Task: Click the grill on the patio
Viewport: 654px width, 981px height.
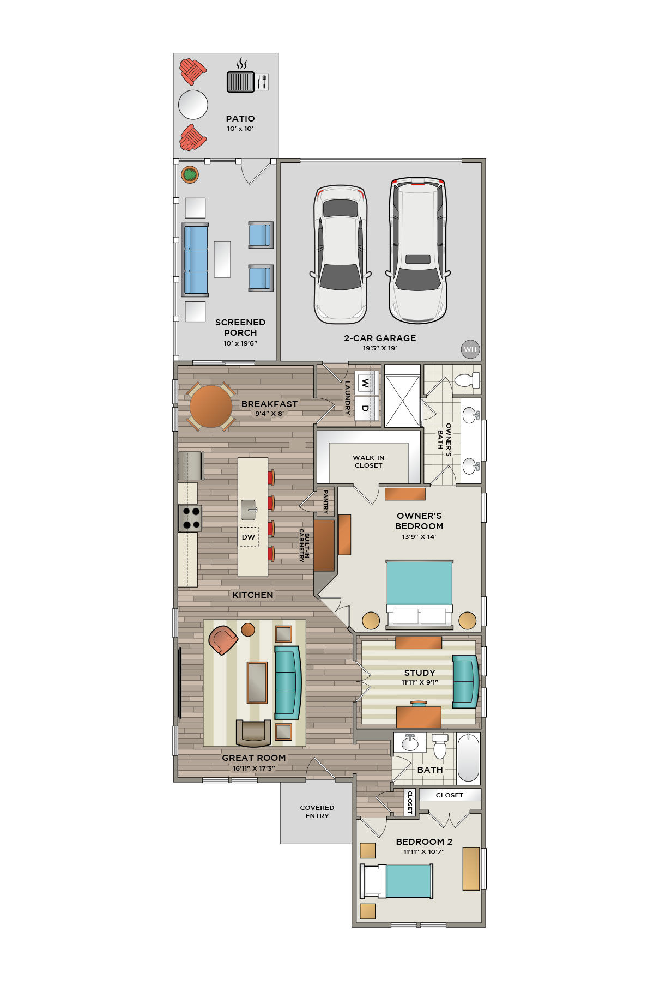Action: coord(240,82)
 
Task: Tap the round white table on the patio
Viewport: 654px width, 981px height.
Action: coord(193,105)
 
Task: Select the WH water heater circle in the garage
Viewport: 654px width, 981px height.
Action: coord(470,349)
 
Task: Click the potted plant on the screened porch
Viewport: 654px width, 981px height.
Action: coord(190,175)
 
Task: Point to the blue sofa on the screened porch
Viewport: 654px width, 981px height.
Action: coord(195,260)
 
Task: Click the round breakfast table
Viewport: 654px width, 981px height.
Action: coord(211,407)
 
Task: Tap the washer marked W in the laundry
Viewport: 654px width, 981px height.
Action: coord(366,383)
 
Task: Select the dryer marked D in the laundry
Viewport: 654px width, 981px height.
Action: coord(366,408)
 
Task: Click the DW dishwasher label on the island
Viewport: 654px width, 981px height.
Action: coord(249,537)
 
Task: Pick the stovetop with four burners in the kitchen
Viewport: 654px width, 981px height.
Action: coord(190,518)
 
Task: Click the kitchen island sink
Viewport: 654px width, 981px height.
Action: coord(249,510)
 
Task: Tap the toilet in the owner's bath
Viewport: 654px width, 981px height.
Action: coord(467,380)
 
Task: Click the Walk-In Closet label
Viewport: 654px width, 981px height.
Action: coord(368,462)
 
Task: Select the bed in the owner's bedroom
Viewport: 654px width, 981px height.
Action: coord(419,593)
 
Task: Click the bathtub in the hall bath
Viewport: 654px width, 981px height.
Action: coord(468,758)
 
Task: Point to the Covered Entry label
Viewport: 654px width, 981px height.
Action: coord(317,812)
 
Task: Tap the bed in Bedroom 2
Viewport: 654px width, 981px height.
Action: coord(396,881)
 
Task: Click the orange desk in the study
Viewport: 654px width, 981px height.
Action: coord(419,716)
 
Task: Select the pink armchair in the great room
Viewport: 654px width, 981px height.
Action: coord(223,640)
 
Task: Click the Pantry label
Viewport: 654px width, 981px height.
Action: coord(326,501)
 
